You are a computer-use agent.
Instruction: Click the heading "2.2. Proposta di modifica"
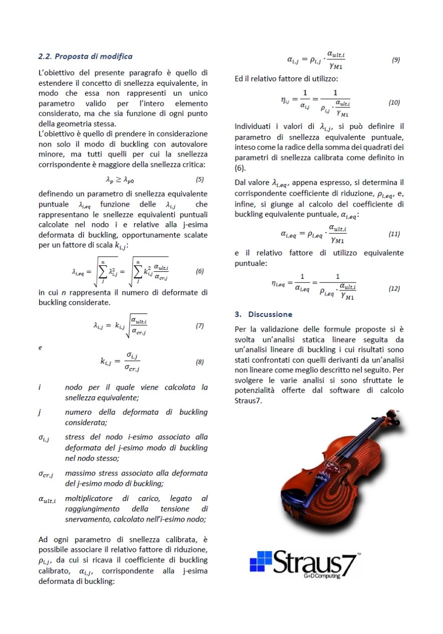[x=85, y=56]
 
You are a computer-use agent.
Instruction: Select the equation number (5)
[x=199, y=179]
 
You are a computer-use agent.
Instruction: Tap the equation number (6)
[x=199, y=271]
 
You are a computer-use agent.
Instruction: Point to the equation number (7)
[x=199, y=326]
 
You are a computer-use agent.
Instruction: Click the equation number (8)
[x=199, y=362]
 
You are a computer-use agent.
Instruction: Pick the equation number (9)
[x=395, y=60]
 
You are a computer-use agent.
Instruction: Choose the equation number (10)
[x=394, y=102]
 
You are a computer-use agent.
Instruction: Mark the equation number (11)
[x=394, y=234]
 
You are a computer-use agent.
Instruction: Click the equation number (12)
[x=394, y=288]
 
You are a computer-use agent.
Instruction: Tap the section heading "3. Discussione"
[x=263, y=314]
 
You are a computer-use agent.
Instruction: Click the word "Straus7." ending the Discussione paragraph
[x=248, y=401]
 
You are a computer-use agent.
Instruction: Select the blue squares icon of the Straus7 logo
[x=261, y=562]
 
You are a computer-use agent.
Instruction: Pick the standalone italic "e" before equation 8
[x=40, y=347]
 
